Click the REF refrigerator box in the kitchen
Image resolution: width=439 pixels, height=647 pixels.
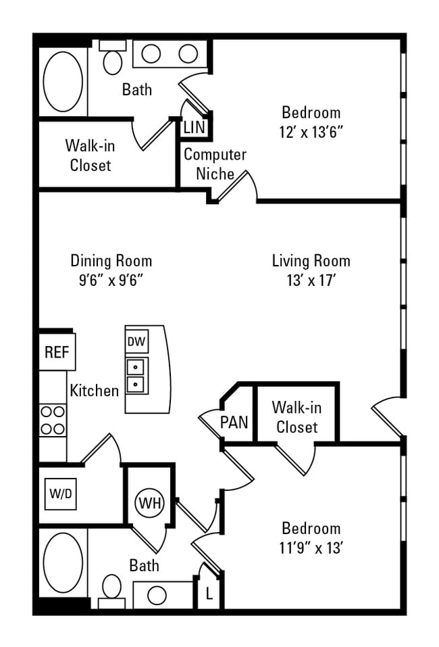coord(57,352)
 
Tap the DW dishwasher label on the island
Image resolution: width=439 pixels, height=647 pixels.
coord(136,342)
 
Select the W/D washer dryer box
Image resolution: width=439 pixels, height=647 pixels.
coord(60,494)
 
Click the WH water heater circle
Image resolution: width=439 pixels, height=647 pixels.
coord(149,503)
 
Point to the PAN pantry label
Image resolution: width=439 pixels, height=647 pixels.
coord(234,423)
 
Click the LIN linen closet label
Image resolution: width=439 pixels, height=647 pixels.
coord(194,126)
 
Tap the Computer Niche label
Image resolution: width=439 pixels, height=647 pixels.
coord(215,164)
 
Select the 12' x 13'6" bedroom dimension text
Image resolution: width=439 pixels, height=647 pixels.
coord(311,132)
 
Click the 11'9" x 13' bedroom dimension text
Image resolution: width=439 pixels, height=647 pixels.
coord(311,548)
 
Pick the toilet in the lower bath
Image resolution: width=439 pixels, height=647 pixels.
coord(111,588)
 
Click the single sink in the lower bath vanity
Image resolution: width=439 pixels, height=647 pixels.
coord(157,595)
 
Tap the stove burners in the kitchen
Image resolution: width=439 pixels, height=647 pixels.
coord(53,420)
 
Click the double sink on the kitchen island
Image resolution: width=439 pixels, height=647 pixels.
coord(136,376)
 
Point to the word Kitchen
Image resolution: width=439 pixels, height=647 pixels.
coord(94,390)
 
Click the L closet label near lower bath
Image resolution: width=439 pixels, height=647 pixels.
coord(209,595)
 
